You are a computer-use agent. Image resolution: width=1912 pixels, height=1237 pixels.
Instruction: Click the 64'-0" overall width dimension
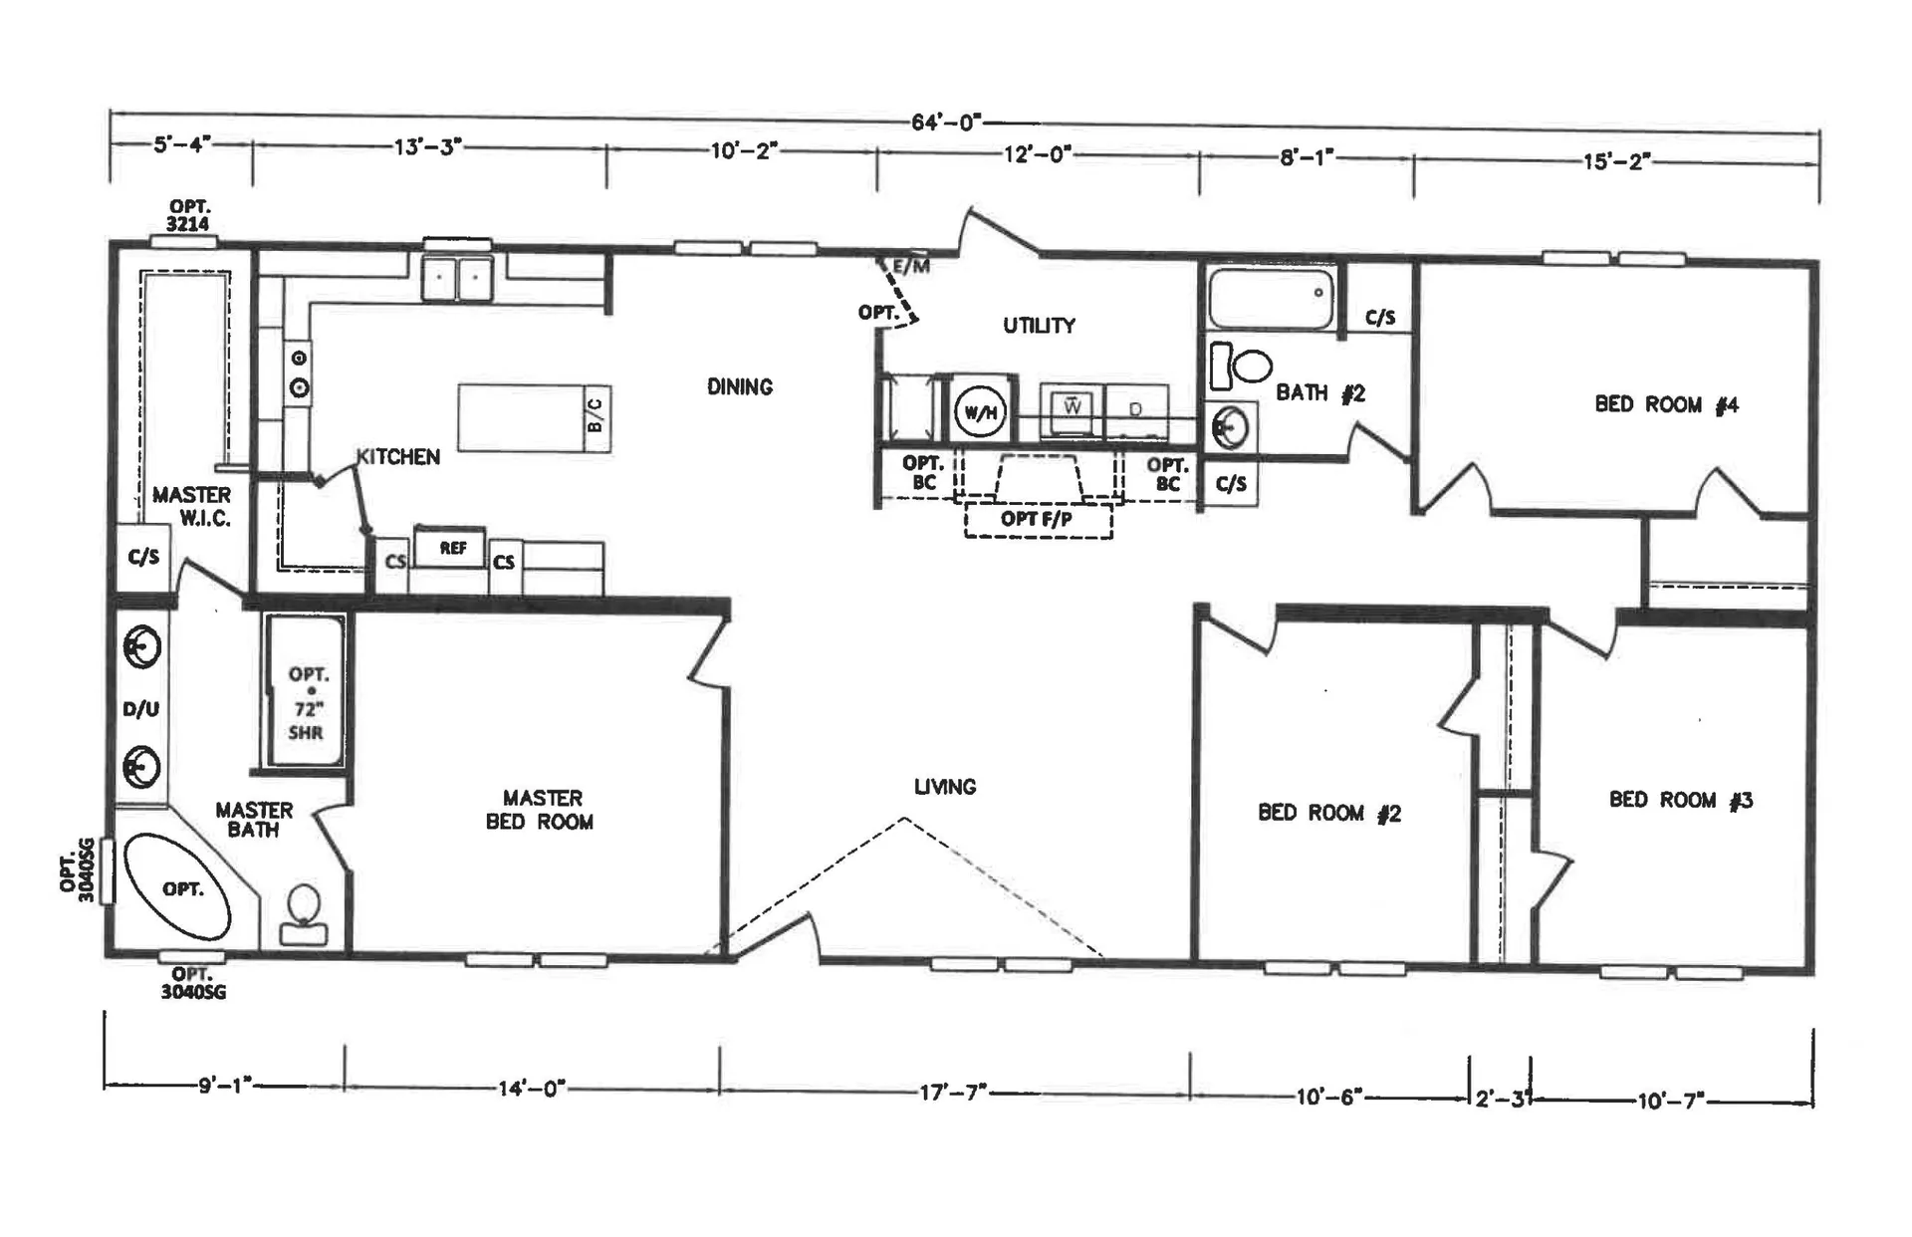tap(946, 123)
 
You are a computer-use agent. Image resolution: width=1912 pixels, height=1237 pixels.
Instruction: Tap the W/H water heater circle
tap(980, 411)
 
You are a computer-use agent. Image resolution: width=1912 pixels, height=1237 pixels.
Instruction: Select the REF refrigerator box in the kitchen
tap(452, 548)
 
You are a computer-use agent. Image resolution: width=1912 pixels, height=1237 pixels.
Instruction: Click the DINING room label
tap(740, 386)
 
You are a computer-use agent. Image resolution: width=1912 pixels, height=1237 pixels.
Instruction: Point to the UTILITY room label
tap(1039, 326)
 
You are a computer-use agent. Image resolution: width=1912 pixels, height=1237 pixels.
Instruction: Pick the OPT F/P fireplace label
tap(1037, 519)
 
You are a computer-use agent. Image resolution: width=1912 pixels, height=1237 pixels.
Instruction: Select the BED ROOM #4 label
tap(1666, 404)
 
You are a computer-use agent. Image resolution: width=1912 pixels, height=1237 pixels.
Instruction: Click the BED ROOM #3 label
tap(1681, 800)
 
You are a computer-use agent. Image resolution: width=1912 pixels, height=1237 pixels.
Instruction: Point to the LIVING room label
tap(945, 787)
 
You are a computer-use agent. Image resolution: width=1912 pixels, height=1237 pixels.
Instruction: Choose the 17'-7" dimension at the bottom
tap(952, 1093)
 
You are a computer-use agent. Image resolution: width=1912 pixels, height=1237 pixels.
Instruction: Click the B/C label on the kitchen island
tap(595, 414)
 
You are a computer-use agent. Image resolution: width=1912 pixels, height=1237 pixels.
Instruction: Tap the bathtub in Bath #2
tap(1272, 297)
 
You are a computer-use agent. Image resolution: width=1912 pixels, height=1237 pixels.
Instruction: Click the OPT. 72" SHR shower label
tap(308, 703)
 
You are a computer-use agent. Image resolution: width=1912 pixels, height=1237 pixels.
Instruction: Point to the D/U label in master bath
tap(140, 709)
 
